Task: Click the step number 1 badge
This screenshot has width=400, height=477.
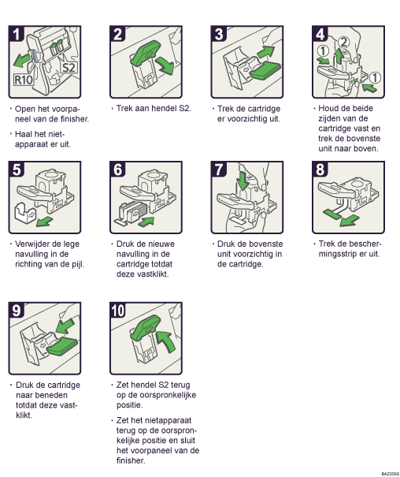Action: [17, 34]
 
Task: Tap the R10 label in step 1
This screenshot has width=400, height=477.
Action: [24, 80]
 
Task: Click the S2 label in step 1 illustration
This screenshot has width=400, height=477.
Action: [69, 67]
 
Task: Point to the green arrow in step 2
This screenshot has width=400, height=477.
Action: [165, 66]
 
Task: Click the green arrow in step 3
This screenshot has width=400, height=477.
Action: [266, 51]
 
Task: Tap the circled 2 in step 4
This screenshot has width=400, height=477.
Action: [343, 43]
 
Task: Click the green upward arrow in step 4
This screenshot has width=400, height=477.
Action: [339, 56]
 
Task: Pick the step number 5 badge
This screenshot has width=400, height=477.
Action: [17, 170]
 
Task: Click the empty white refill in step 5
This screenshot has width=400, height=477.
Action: [25, 211]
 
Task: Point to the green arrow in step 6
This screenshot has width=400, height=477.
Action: [146, 222]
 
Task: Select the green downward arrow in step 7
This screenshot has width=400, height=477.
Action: [243, 181]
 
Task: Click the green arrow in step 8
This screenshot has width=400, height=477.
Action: [350, 220]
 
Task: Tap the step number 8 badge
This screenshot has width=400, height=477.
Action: [320, 170]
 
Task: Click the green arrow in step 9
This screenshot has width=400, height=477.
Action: [65, 326]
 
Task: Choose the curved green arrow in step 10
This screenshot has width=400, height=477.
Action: [166, 341]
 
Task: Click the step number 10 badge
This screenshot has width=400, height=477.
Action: [118, 311]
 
